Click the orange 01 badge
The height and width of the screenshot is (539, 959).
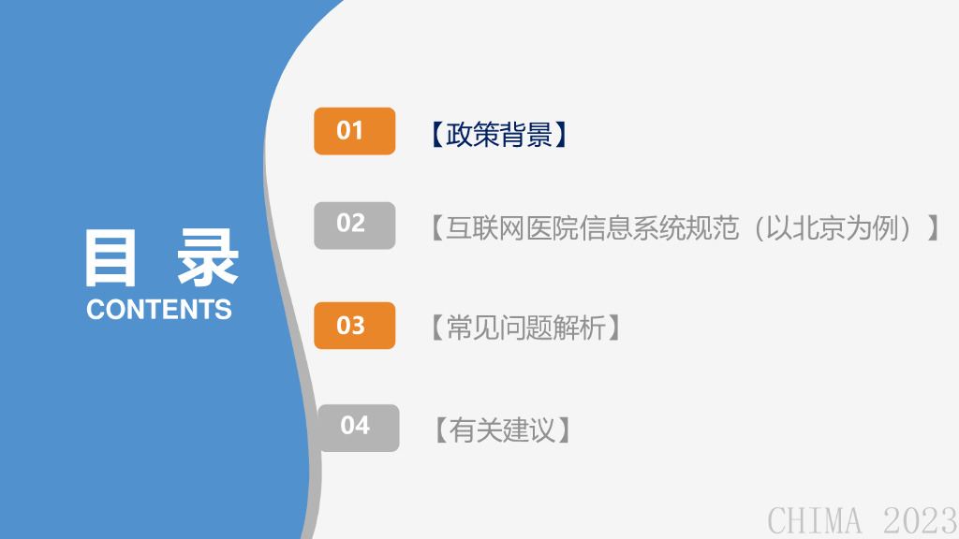click(355, 131)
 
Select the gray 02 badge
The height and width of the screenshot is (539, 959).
click(355, 226)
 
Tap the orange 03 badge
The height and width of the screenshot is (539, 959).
click(355, 326)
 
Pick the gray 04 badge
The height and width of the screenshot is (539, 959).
click(359, 428)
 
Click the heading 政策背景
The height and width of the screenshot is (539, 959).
click(499, 135)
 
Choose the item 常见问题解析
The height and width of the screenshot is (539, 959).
click(526, 328)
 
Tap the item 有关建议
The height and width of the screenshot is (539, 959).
click(503, 430)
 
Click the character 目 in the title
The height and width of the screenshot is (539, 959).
click(111, 257)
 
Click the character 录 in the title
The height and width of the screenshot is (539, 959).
click(207, 257)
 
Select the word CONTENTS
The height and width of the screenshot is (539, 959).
click(159, 309)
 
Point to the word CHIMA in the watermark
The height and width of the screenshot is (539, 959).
click(815, 520)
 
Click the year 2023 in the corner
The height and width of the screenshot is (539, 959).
click(921, 520)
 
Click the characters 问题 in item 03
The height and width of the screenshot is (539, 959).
click(526, 328)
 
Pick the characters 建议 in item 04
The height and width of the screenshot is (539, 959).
click(530, 430)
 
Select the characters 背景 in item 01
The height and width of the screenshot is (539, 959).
click(526, 135)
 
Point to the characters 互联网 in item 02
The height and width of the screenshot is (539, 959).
click(486, 228)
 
